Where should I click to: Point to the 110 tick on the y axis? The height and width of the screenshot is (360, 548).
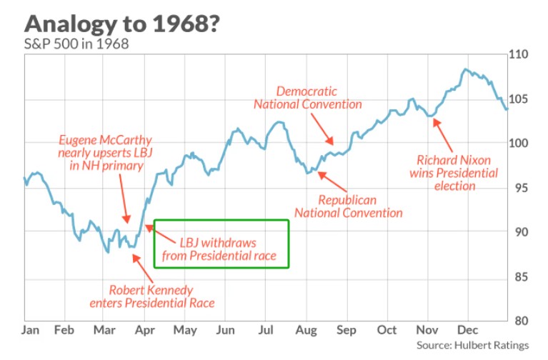[x=517, y=55]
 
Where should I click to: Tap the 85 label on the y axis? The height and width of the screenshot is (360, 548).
[x=517, y=276]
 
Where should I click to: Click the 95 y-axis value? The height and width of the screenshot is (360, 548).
[x=517, y=188]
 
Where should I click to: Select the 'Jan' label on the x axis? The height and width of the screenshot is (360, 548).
[x=30, y=331]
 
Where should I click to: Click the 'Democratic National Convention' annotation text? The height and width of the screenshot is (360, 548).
[x=307, y=98]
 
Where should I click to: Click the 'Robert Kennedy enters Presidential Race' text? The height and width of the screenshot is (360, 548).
[x=161, y=296]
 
